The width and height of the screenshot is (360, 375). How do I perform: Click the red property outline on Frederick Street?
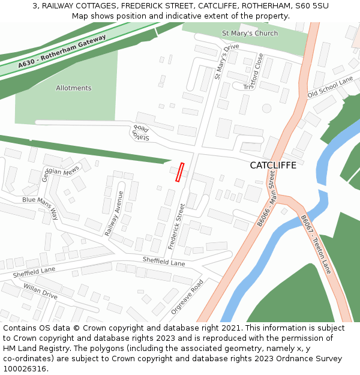pos(179,172)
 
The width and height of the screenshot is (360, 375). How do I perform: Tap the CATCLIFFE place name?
pos(273,165)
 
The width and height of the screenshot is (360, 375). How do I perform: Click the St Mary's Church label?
pos(250,33)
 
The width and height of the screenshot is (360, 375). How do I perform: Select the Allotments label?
pos(74,88)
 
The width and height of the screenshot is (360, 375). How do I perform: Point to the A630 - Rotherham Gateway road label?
pos(62,51)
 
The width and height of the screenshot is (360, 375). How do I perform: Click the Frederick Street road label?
pos(177,226)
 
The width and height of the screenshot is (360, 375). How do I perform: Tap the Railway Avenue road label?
pos(113,213)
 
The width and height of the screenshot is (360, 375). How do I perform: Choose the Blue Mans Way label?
pos(40,206)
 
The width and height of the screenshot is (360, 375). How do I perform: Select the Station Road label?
pos(140,134)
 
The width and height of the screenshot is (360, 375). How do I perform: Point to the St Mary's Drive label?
pos(226,61)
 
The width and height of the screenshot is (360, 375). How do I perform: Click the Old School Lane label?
pos(330,88)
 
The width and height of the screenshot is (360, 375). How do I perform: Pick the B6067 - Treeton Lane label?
pos(316,244)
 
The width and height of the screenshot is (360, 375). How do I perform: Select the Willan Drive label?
pos(40,292)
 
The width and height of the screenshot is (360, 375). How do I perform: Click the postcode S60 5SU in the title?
pos(313,5)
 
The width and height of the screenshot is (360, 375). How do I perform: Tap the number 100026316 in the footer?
pos(26,368)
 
